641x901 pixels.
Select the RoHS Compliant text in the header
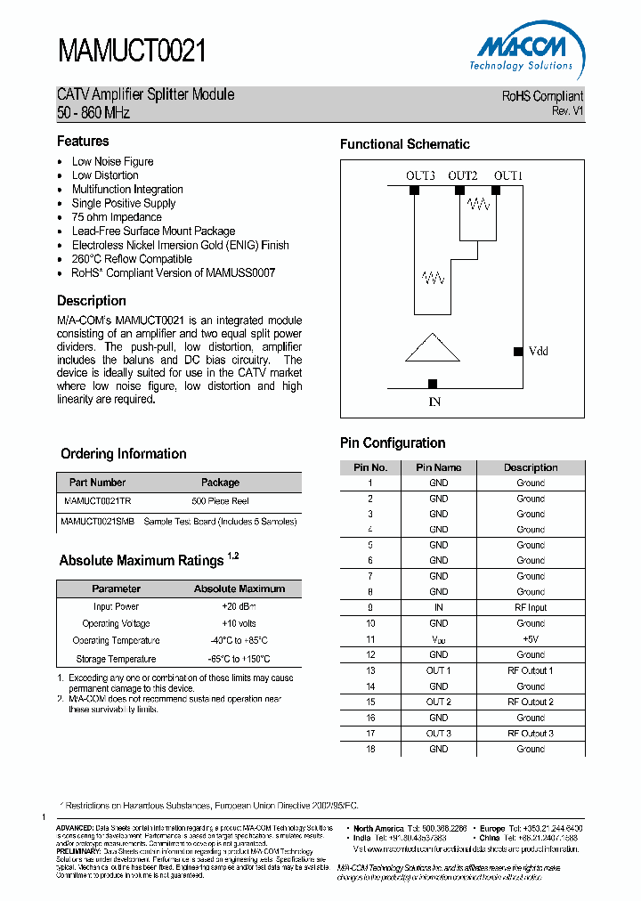542,96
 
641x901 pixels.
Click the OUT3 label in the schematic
420,175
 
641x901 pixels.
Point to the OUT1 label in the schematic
508,175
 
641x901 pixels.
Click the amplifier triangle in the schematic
433,348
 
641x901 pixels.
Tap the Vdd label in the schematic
538,351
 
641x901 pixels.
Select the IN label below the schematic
434,402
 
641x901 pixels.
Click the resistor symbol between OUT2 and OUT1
478,205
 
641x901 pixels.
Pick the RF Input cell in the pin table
531,607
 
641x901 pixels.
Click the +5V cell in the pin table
531,639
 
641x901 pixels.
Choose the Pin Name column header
439,467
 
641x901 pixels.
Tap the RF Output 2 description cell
531,702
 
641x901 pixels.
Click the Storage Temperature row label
117,659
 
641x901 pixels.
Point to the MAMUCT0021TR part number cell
96,501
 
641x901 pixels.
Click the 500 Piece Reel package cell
221,501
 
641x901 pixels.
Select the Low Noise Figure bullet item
112,161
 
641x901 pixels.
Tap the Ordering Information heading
124,454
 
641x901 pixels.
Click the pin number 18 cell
370,749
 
